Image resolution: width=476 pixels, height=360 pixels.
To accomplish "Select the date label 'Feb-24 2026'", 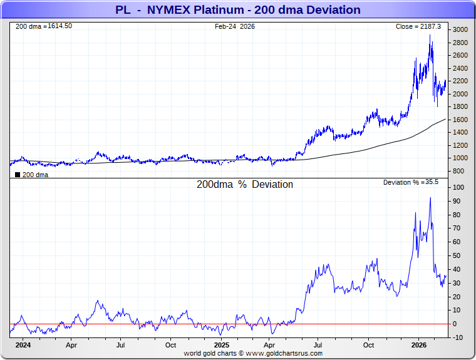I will click(x=235, y=26).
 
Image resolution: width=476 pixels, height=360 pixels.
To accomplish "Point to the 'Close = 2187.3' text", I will click(x=418, y=26).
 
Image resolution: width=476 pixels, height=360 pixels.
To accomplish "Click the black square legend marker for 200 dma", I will click(x=18, y=175).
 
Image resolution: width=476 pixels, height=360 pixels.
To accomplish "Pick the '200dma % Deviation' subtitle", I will click(x=244, y=185).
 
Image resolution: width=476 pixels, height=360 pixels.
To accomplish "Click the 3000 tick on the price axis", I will click(x=460, y=30).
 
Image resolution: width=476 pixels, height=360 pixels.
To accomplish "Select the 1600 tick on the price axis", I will click(x=460, y=120).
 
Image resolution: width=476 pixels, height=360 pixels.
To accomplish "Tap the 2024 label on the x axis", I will click(x=23, y=345).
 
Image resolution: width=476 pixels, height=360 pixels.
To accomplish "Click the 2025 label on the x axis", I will click(x=221, y=345).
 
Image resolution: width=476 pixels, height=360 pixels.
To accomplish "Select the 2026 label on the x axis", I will click(x=419, y=345).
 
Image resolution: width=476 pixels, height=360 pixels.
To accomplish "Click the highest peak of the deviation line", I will click(x=430, y=198).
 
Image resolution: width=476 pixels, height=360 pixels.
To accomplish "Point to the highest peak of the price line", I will click(x=430, y=35).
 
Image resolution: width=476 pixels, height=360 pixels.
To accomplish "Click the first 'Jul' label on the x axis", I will click(x=120, y=345).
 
